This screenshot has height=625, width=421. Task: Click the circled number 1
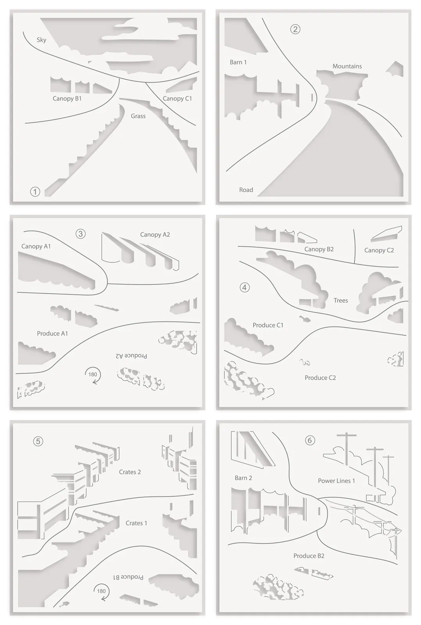tap(35, 192)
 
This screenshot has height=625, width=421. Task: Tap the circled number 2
tap(296, 29)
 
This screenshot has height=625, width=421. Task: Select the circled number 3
tap(81, 234)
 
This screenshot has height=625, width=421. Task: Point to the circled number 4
tap(245, 287)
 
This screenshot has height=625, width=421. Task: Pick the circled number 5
tap(38, 441)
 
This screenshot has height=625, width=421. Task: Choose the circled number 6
tap(310, 440)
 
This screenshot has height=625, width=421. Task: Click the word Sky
tap(41, 40)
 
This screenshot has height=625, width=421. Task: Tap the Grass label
tap(138, 116)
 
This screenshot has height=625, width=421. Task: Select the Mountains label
tap(347, 66)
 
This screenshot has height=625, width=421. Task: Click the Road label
tap(246, 190)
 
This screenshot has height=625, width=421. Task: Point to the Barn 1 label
tap(238, 62)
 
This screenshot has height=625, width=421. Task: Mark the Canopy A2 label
tap(155, 235)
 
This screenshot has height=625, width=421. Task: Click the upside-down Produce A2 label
tap(131, 356)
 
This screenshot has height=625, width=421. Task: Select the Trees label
tap(340, 300)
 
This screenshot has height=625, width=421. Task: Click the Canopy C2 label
tap(379, 250)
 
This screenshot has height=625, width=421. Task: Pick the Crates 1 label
tap(136, 523)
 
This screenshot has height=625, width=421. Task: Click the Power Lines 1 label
tap(337, 481)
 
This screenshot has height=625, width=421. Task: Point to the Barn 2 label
tap(243, 478)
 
